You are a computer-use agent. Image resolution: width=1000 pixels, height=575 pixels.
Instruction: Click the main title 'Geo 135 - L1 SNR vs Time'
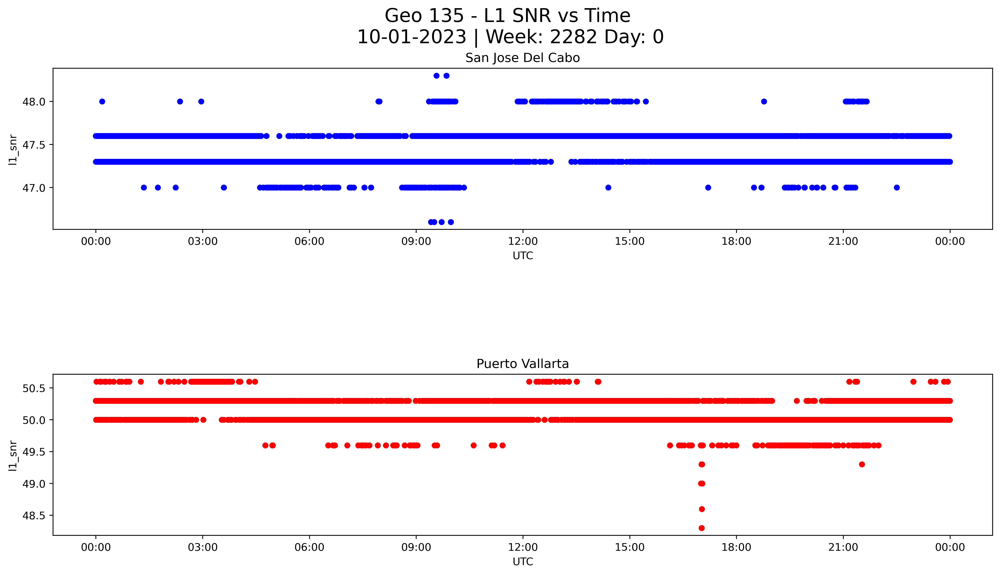pos(507,16)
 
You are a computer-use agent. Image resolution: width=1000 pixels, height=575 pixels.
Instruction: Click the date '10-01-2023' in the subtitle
pos(412,37)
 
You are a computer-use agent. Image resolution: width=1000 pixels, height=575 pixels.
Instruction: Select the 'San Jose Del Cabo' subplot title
pos(522,58)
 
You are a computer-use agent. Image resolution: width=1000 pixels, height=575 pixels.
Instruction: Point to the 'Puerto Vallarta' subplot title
pos(522,364)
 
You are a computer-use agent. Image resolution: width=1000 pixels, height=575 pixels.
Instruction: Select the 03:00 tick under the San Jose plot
pos(203,241)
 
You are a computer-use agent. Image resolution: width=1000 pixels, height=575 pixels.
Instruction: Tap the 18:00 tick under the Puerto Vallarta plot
pos(736,547)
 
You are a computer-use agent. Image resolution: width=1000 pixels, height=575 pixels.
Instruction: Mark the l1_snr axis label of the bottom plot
pos(13,455)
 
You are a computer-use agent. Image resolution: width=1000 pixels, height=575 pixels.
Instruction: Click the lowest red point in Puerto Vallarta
pos(701,528)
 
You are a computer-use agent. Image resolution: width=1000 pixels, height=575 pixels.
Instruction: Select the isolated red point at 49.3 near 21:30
pos(862,464)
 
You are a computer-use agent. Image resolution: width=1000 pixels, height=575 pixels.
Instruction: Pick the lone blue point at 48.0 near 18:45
pos(764,101)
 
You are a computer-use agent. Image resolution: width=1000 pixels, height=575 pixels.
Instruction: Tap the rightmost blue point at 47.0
pos(897,187)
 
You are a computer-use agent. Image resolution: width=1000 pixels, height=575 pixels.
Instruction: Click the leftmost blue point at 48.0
pos(102,101)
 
